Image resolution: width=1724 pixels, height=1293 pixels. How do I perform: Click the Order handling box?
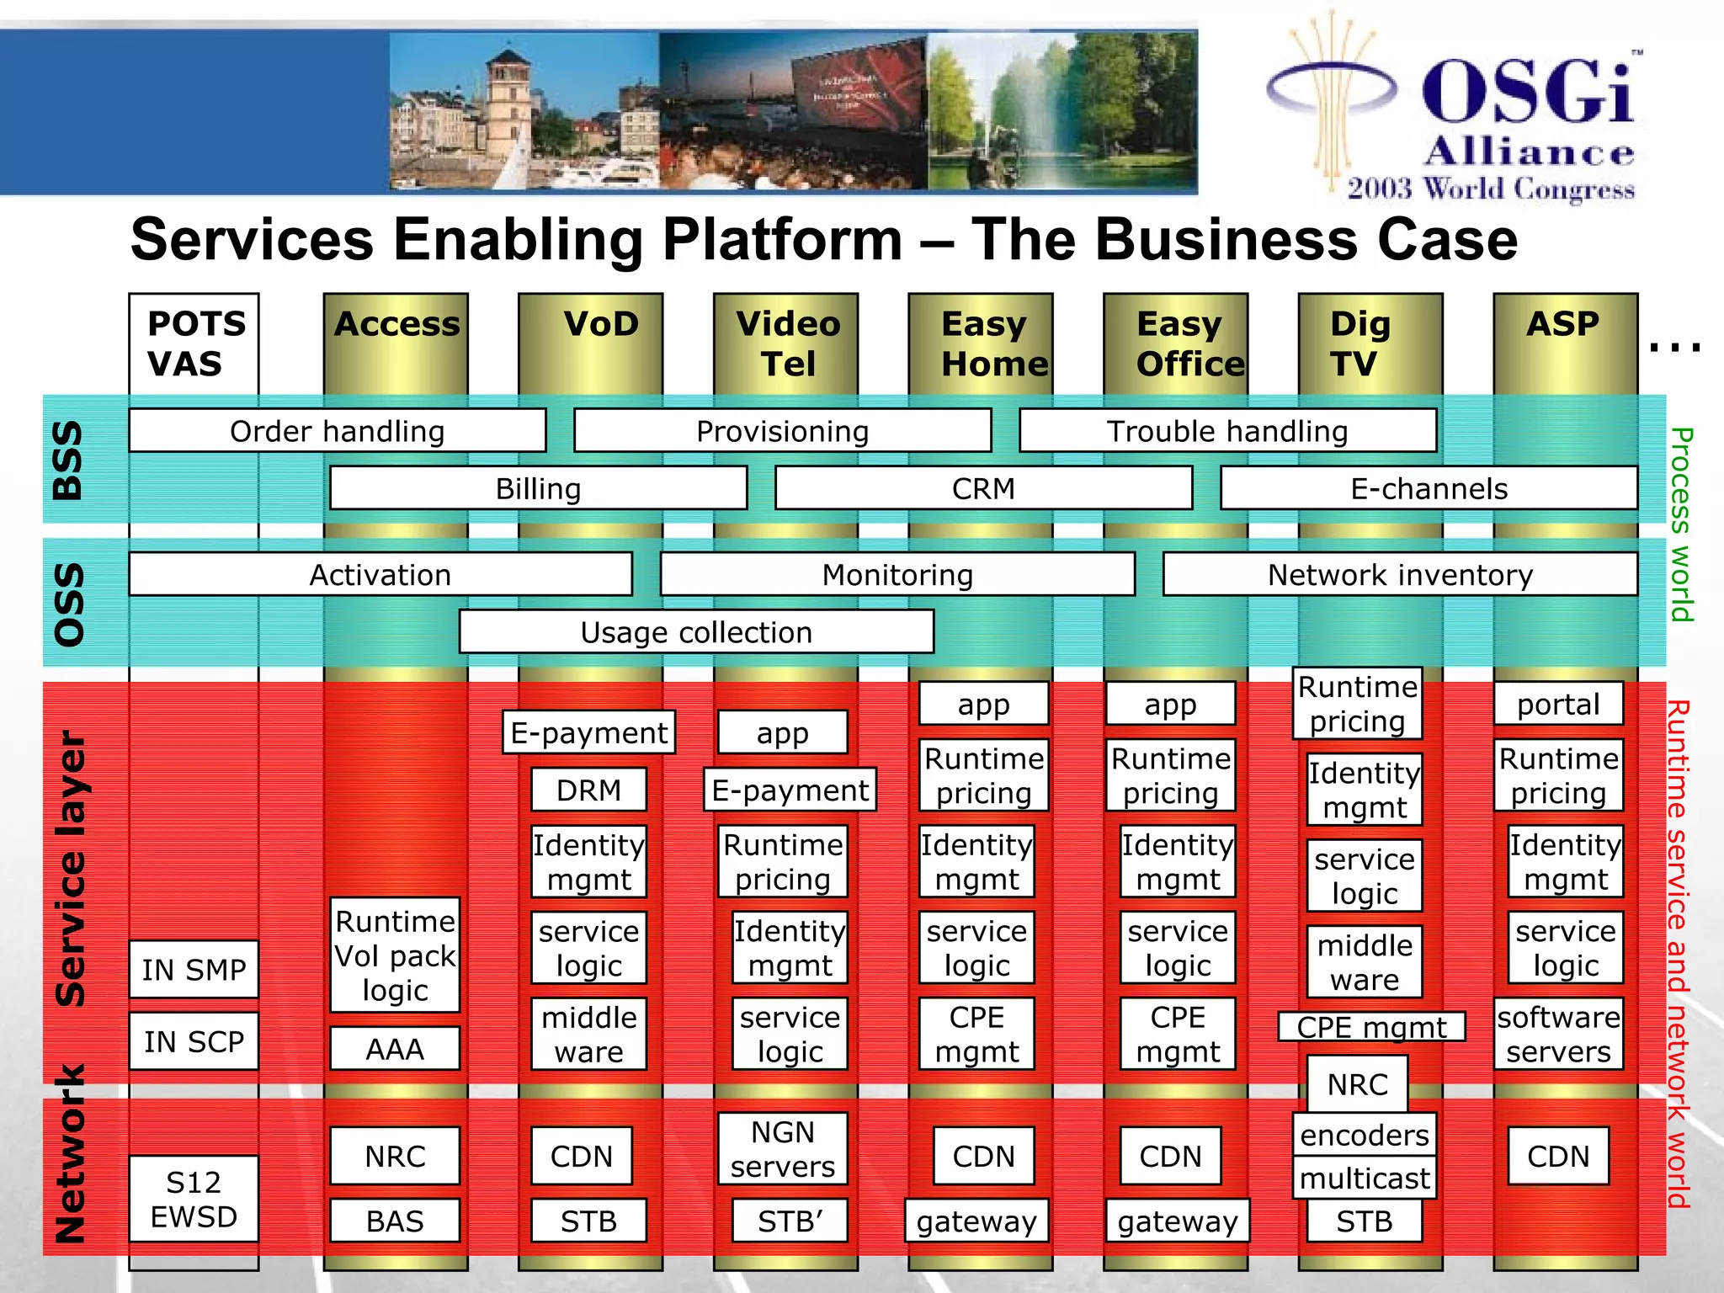337,431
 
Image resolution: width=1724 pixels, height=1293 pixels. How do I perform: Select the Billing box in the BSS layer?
538,489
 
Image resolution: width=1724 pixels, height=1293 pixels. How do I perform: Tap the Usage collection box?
696,632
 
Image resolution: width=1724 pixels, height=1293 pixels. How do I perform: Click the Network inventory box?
1400,575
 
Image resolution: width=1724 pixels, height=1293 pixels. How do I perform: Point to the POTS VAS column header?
194,343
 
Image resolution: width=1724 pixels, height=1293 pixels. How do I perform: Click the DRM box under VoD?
588,790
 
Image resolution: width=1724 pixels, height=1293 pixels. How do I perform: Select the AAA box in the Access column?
395,1049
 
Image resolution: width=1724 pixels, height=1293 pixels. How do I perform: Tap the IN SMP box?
194,970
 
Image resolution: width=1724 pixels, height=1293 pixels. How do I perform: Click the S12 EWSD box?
194,1200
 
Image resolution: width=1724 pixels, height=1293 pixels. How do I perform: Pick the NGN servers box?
782,1149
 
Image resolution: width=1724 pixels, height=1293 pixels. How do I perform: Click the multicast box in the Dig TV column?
1365,1179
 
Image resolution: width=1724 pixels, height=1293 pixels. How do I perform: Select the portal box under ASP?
1558,704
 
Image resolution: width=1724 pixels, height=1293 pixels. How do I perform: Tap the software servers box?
1558,1035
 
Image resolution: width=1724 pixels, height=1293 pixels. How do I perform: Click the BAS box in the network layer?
395,1221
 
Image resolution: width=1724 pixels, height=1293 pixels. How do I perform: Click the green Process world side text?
1680,524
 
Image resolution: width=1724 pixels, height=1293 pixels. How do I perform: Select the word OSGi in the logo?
1528,93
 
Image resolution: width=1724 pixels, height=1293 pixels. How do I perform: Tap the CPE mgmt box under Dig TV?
1371,1027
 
